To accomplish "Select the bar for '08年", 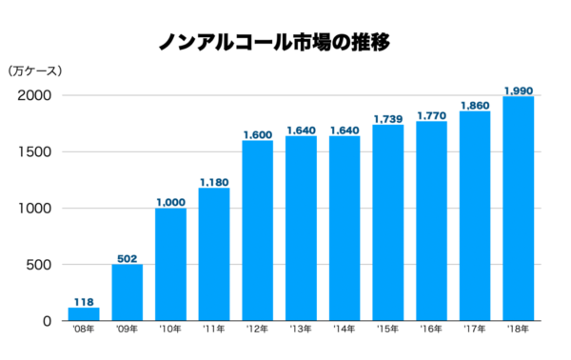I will click(x=84, y=314).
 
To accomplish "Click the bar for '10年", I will click(x=170, y=265).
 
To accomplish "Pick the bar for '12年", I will click(x=257, y=231).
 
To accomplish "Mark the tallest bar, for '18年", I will click(x=518, y=209).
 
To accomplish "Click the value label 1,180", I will click(x=214, y=180).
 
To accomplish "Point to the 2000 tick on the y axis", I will click(x=35, y=96).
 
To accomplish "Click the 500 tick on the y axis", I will click(x=40, y=265).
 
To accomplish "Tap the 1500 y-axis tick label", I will click(x=35, y=152).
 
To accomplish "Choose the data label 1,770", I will click(x=431, y=114).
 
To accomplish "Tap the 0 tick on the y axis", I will click(x=47, y=321).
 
